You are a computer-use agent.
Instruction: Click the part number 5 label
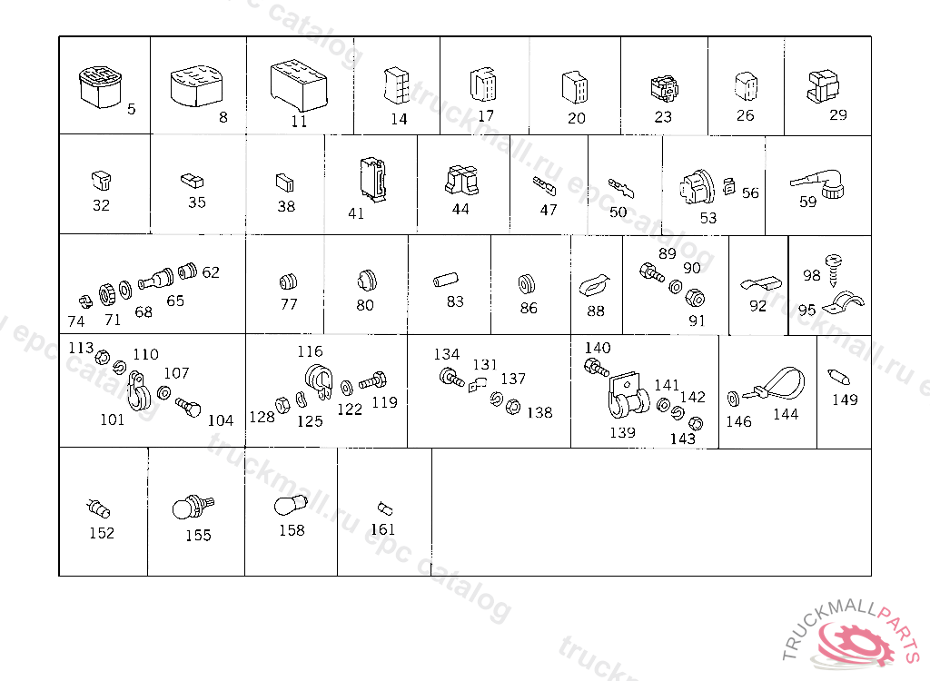131,109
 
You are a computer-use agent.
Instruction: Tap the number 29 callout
837,114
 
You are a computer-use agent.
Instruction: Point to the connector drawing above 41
372,177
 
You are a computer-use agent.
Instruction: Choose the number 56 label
750,192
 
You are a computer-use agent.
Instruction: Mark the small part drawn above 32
102,180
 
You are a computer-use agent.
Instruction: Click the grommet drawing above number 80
367,280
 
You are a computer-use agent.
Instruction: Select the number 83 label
455,301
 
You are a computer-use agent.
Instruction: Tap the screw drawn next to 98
834,270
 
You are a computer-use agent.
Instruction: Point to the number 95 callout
806,310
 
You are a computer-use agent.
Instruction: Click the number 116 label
310,351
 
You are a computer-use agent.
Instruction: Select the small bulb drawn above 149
838,377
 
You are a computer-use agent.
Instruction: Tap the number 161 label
382,529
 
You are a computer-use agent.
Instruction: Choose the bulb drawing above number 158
291,505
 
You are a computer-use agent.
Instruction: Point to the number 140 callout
598,348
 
